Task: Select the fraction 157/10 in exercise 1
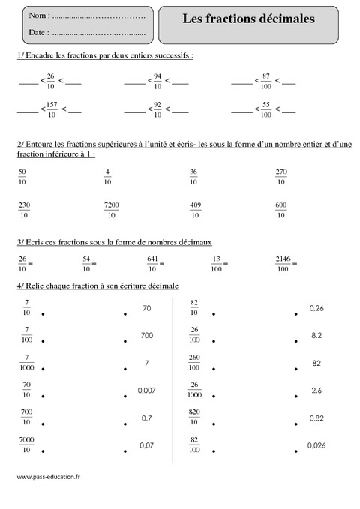coord(51,109)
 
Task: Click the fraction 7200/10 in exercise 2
coord(111,210)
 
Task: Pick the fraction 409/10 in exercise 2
coord(194,210)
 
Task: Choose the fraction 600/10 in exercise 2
coord(281,210)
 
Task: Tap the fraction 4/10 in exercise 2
coord(107,176)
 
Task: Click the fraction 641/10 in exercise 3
coord(153,263)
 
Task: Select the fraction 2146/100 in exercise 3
coord(283,263)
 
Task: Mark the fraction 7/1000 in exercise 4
coord(27,364)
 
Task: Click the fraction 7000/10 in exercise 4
coord(27,445)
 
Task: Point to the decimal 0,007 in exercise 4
coord(145,390)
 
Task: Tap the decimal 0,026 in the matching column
coord(316,445)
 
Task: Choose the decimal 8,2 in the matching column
coord(316,335)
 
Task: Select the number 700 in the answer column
coord(146,335)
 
